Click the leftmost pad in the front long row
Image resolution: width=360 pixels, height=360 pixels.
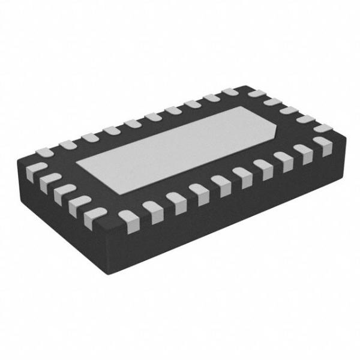(x=127, y=217)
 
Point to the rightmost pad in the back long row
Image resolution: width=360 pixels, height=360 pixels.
(x=230, y=93)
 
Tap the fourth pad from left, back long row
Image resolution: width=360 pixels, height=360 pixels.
(x=111, y=130)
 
